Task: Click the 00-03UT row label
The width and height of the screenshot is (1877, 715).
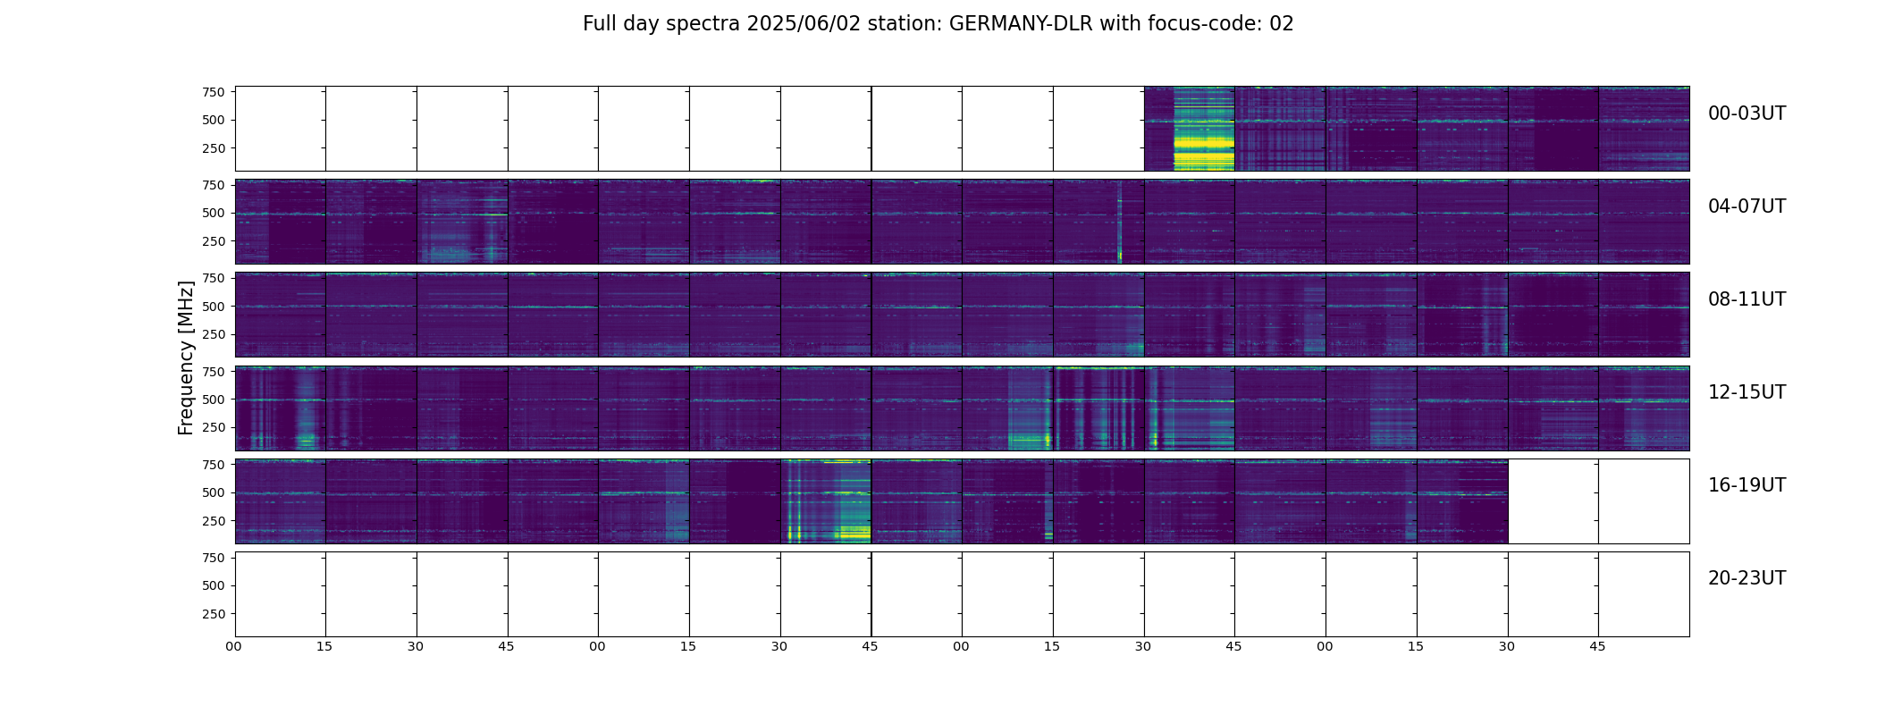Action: [1747, 114]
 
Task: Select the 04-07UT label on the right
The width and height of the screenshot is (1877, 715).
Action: [1747, 206]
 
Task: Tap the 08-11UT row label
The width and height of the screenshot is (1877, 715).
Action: [1747, 299]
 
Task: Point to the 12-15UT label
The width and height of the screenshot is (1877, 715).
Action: [1747, 392]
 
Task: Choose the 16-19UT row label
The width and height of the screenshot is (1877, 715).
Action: [1747, 485]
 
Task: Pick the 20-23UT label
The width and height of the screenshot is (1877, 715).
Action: [1747, 578]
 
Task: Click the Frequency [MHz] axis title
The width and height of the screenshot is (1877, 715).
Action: [186, 357]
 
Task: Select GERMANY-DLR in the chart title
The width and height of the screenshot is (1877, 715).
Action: [1021, 24]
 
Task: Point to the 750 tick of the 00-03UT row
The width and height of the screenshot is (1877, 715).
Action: [213, 92]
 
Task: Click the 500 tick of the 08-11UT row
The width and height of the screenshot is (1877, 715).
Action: [213, 307]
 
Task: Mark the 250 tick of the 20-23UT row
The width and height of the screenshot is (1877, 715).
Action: [213, 614]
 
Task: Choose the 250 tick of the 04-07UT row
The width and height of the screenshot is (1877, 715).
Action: [213, 241]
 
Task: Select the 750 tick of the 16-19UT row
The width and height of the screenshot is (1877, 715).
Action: [213, 465]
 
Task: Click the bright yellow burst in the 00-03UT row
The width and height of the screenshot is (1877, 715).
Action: [1203, 143]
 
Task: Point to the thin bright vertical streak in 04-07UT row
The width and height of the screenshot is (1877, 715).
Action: [1119, 223]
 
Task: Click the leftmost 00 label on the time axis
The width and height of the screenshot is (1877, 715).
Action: [234, 646]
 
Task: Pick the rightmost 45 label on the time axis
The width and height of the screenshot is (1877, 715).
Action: [1597, 646]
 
